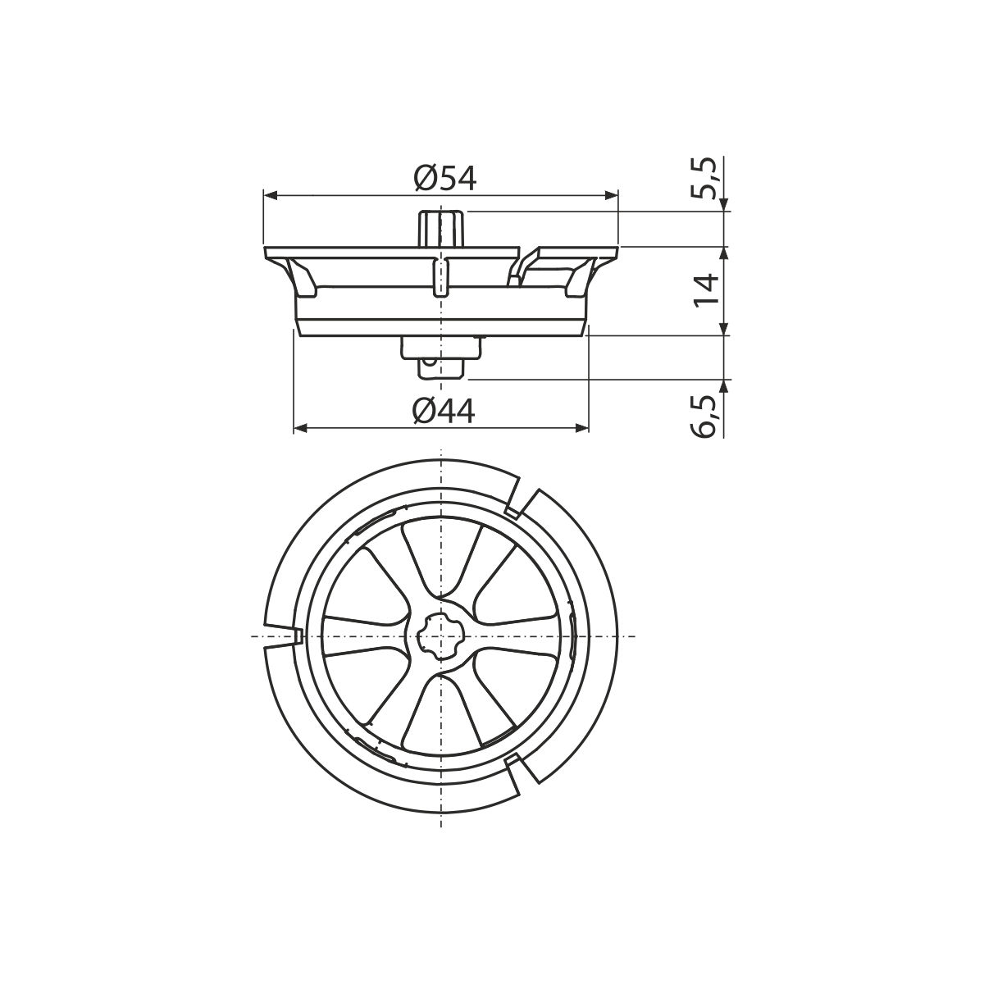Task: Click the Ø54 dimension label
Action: [x=444, y=179]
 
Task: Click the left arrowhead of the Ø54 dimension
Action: [x=270, y=196]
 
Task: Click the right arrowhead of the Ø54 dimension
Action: [x=611, y=196]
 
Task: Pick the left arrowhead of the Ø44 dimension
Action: [x=301, y=427]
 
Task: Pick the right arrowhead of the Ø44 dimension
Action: [x=581, y=427]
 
